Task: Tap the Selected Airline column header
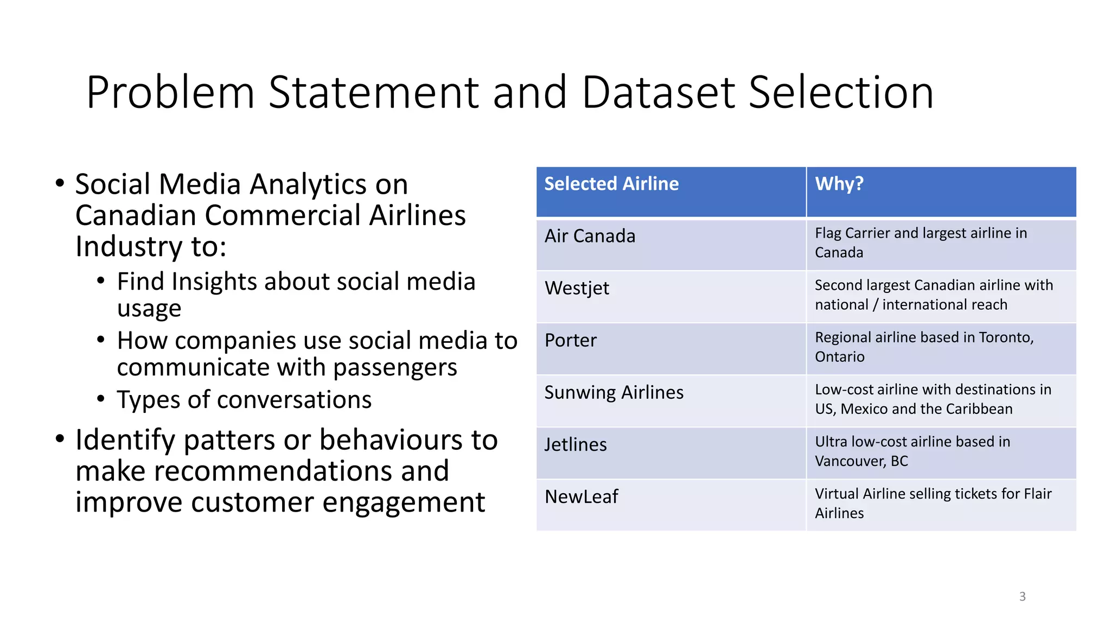(x=611, y=184)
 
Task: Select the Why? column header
(x=839, y=184)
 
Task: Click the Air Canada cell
(x=590, y=236)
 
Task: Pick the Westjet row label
(x=577, y=288)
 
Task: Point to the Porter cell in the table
(x=570, y=340)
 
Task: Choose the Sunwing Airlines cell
(x=614, y=392)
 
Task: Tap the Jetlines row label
(x=575, y=445)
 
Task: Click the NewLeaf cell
(x=581, y=496)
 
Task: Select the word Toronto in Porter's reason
(x=1005, y=337)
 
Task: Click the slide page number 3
(x=1022, y=596)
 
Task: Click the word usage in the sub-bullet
(x=149, y=309)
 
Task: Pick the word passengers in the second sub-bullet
(x=395, y=367)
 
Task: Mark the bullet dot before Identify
(x=60, y=439)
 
